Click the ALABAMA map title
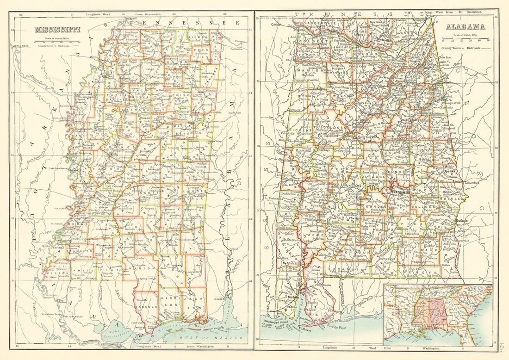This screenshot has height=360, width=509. coord(465,27)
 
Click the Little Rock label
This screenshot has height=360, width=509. coord(19,46)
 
